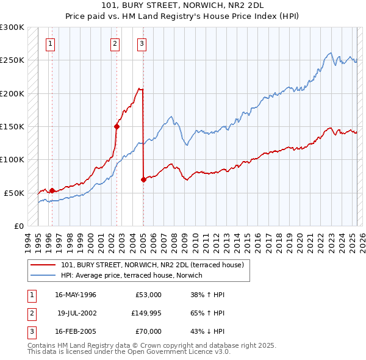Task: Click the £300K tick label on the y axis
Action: click(x=12, y=27)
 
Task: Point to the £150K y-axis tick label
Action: click(x=12, y=126)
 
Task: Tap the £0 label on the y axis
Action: click(x=18, y=226)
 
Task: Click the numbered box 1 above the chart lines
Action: click(x=49, y=43)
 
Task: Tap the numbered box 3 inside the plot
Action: click(x=142, y=43)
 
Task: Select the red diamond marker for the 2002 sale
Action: click(x=117, y=127)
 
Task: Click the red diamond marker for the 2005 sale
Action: click(x=143, y=179)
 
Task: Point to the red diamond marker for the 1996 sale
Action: click(x=52, y=190)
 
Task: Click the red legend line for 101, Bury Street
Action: click(x=44, y=265)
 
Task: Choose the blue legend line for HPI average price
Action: click(x=44, y=275)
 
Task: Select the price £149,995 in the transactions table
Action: click(x=146, y=313)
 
